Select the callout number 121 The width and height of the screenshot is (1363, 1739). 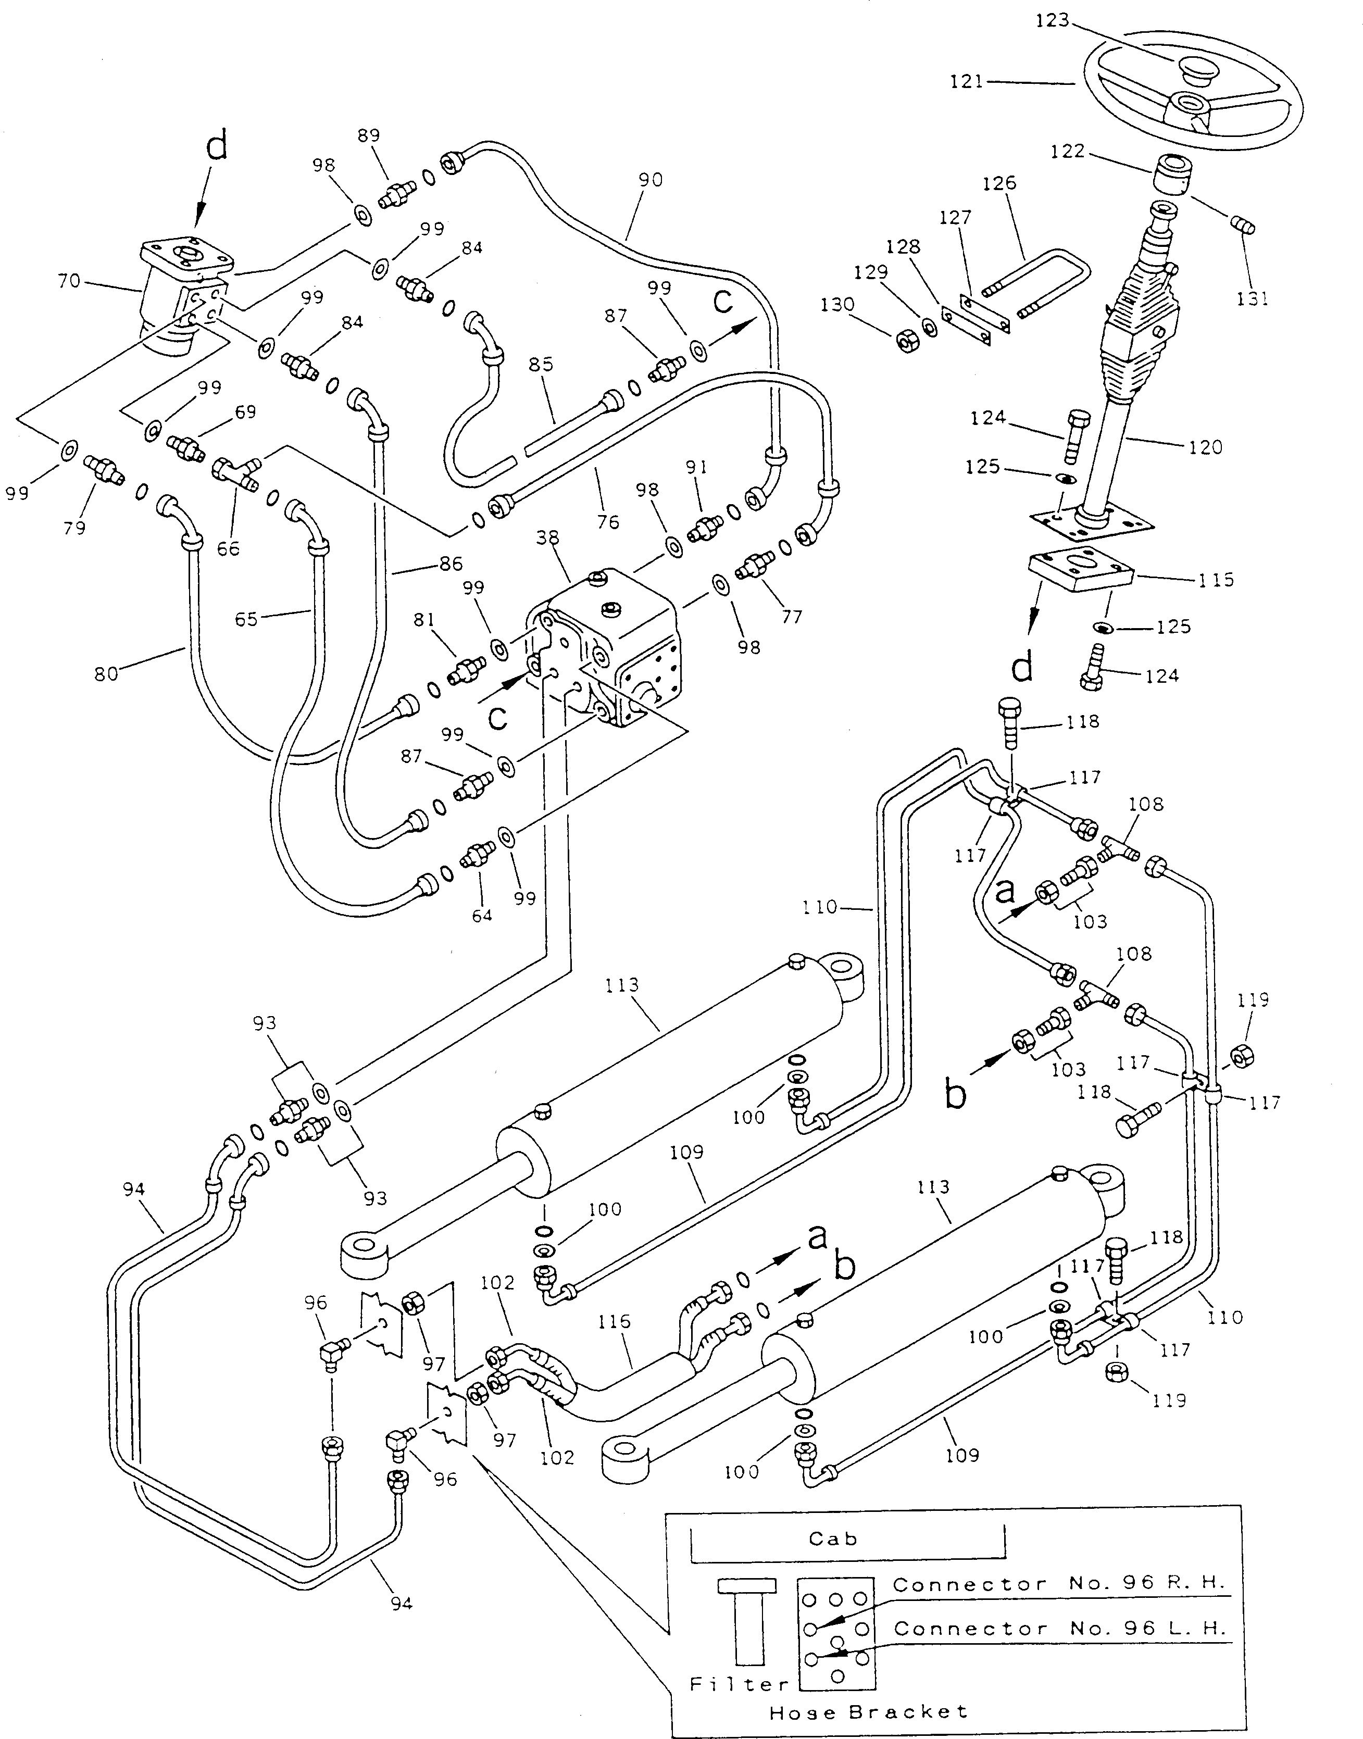pyautogui.click(x=966, y=81)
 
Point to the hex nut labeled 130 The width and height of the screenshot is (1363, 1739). pyautogui.click(x=907, y=342)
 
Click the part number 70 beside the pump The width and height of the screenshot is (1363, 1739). pyautogui.click(x=69, y=281)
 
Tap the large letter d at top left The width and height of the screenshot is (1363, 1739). pyautogui.click(x=217, y=147)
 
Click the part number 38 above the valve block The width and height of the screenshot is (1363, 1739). pyautogui.click(x=547, y=538)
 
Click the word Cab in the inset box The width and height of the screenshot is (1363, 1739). pyautogui.click(x=832, y=1538)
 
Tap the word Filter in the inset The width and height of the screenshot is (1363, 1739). pyautogui.click(x=739, y=1684)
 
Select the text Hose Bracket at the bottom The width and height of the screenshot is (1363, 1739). pyautogui.click(x=868, y=1712)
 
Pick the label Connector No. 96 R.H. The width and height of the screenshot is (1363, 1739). pyautogui.click(x=1057, y=1584)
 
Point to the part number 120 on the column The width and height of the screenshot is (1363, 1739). pyautogui.click(x=1205, y=447)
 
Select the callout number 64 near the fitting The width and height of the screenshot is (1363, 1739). pyautogui.click(x=482, y=916)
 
